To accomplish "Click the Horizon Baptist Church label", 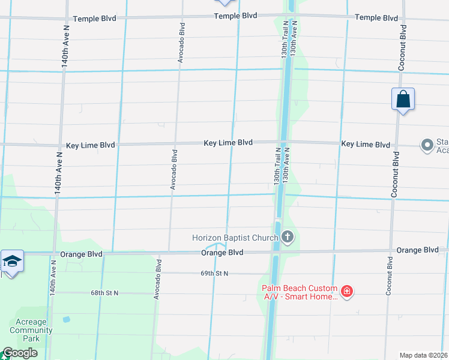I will pos(235,238).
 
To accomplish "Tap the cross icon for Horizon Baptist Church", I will pos(288,238).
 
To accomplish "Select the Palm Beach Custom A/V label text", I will pos(298,293).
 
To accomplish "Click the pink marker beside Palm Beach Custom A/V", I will pos(346,292).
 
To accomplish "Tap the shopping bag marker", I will pos(403,100).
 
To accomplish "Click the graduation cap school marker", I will pos(12,262).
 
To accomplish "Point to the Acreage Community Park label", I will pos(31,330).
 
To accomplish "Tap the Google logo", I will pos(20,353).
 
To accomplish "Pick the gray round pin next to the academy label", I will pos(427,145).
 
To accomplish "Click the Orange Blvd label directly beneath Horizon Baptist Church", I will pos(222,253).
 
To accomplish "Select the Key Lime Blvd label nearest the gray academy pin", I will pos(366,144).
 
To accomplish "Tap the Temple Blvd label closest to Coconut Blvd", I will pos(376,17).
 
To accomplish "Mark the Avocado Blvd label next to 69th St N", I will pos(157,280).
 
